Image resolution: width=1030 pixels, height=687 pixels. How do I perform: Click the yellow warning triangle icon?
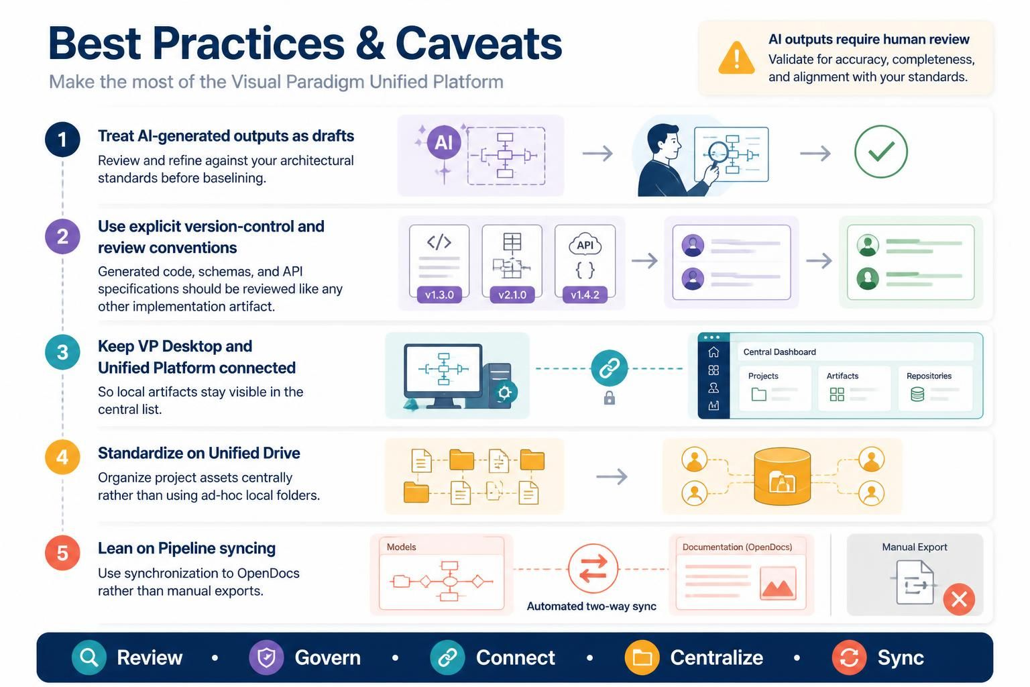click(736, 58)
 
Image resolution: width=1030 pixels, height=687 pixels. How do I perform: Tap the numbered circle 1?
click(62, 140)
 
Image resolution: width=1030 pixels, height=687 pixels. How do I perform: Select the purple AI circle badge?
click(444, 142)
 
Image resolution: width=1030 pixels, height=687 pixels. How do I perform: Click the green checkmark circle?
click(880, 152)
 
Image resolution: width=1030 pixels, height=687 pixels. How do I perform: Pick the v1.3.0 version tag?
click(439, 295)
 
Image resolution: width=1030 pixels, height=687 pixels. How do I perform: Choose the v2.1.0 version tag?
click(512, 295)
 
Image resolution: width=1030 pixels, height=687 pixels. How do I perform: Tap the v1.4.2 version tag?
click(585, 295)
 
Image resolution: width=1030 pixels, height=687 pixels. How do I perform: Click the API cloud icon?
click(585, 244)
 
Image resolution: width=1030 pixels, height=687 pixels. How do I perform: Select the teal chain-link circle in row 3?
click(610, 368)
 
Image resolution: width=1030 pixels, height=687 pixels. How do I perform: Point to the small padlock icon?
click(610, 398)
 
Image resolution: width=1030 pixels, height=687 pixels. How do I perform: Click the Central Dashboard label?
click(779, 352)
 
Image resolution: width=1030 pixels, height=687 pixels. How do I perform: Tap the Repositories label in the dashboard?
click(929, 376)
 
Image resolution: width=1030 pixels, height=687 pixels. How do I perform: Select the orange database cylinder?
click(782, 476)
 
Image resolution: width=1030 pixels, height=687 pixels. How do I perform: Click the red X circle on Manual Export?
click(959, 599)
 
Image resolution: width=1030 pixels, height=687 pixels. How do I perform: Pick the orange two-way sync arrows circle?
click(593, 569)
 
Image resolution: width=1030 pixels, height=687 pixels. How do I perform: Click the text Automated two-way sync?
click(591, 606)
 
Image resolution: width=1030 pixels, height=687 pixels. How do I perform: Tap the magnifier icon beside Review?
click(89, 657)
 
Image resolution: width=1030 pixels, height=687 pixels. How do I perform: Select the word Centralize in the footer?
click(716, 657)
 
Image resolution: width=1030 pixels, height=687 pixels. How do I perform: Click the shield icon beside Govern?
click(266, 657)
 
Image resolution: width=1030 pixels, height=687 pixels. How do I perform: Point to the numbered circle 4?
click(62, 457)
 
